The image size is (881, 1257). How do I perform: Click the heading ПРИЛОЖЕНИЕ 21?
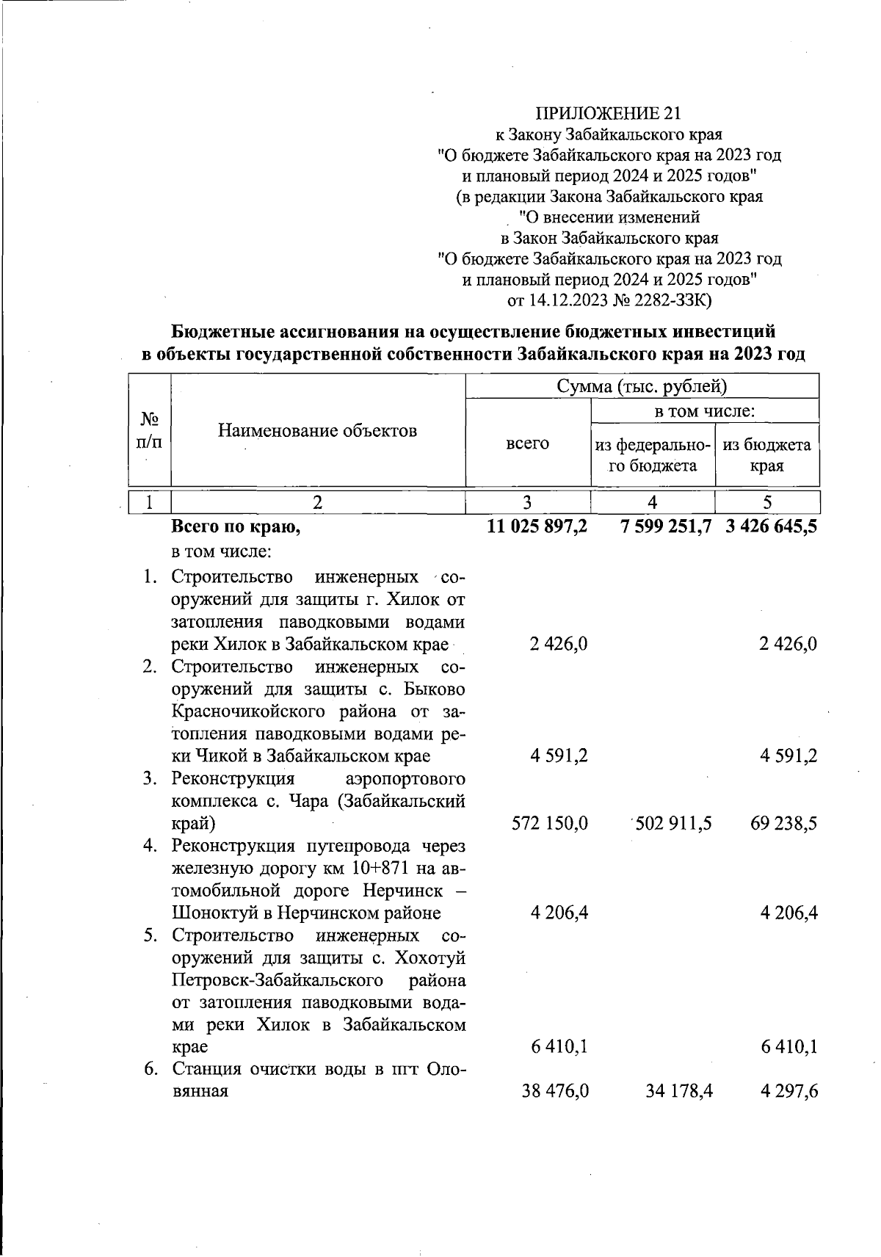(609, 113)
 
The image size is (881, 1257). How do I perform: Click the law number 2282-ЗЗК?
(664, 300)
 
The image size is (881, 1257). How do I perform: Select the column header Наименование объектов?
(317, 430)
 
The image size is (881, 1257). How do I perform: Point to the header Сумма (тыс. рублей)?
(642, 385)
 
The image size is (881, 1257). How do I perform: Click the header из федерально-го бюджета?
(653, 454)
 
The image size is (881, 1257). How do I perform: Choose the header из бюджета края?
(766, 454)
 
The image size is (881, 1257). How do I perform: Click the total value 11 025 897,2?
(537, 526)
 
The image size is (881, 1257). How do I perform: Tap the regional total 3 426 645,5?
(770, 526)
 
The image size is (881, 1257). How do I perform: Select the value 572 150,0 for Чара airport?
(550, 823)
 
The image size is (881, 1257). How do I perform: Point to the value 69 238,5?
(783, 823)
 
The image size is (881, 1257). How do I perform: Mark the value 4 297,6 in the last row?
(788, 1091)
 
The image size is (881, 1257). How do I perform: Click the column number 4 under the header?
(653, 502)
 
